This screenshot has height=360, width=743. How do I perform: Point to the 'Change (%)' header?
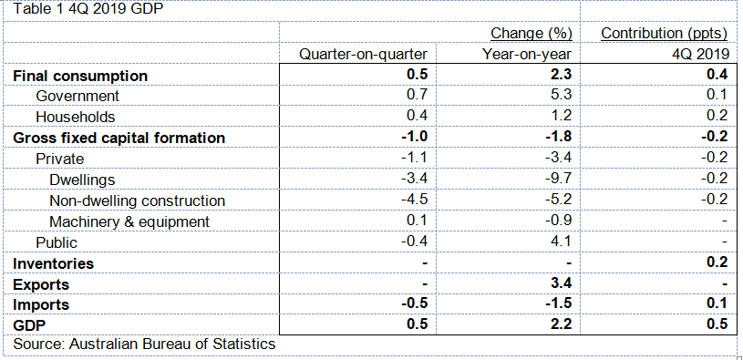[531, 34]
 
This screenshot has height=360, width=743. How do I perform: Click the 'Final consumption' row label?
[79, 76]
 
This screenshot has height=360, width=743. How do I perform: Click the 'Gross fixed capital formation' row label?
[119, 138]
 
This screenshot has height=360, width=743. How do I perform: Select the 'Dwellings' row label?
[82, 180]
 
